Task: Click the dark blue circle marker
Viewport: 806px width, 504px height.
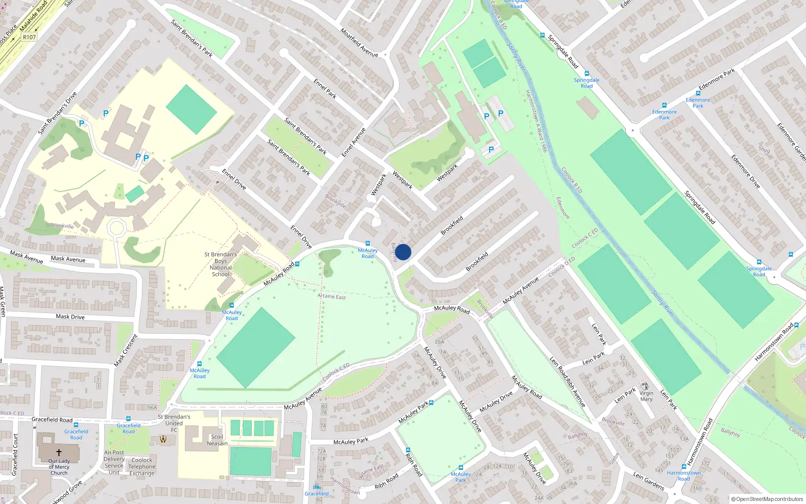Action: (x=403, y=252)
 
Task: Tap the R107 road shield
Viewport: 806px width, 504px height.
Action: (x=29, y=37)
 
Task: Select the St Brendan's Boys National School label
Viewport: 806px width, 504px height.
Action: (x=221, y=264)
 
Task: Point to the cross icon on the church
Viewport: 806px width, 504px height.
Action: (x=58, y=453)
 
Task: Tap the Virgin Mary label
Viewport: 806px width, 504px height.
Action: (x=646, y=396)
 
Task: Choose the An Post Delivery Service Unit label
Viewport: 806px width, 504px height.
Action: (x=114, y=462)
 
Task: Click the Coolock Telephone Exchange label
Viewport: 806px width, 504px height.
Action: (x=142, y=467)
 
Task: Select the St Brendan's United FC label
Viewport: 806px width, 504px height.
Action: (x=174, y=423)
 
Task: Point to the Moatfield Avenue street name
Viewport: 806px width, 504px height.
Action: (x=359, y=42)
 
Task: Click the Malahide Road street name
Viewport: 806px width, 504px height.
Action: (x=34, y=16)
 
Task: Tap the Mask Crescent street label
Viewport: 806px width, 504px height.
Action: (x=125, y=350)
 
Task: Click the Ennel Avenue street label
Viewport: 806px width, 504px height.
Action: (x=354, y=142)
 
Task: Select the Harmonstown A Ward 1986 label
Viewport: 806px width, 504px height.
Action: (x=536, y=121)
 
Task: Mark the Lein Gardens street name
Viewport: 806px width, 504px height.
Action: (x=648, y=481)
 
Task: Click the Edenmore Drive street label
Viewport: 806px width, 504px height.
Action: (x=746, y=171)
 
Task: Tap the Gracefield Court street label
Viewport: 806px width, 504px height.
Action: (x=15, y=455)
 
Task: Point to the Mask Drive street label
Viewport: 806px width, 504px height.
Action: (x=70, y=317)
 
